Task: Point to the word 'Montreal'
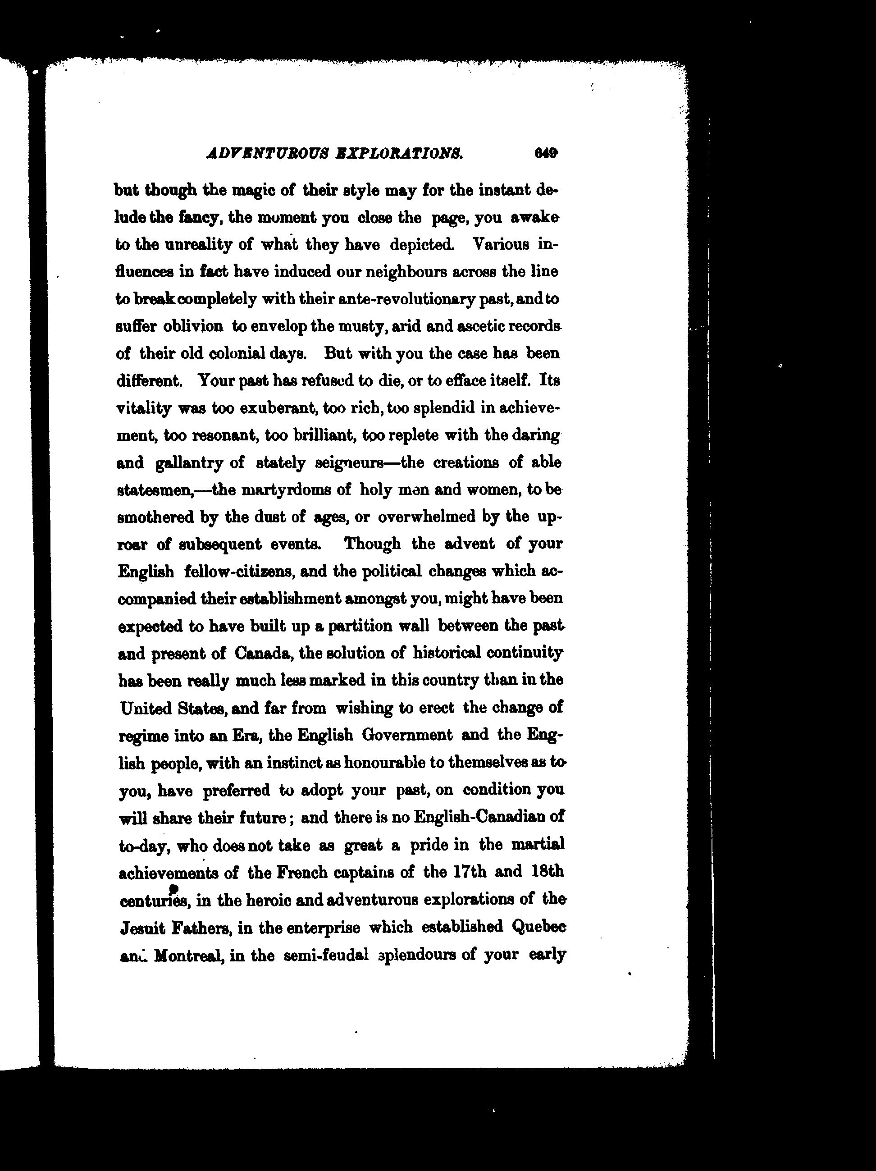coord(186,955)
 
